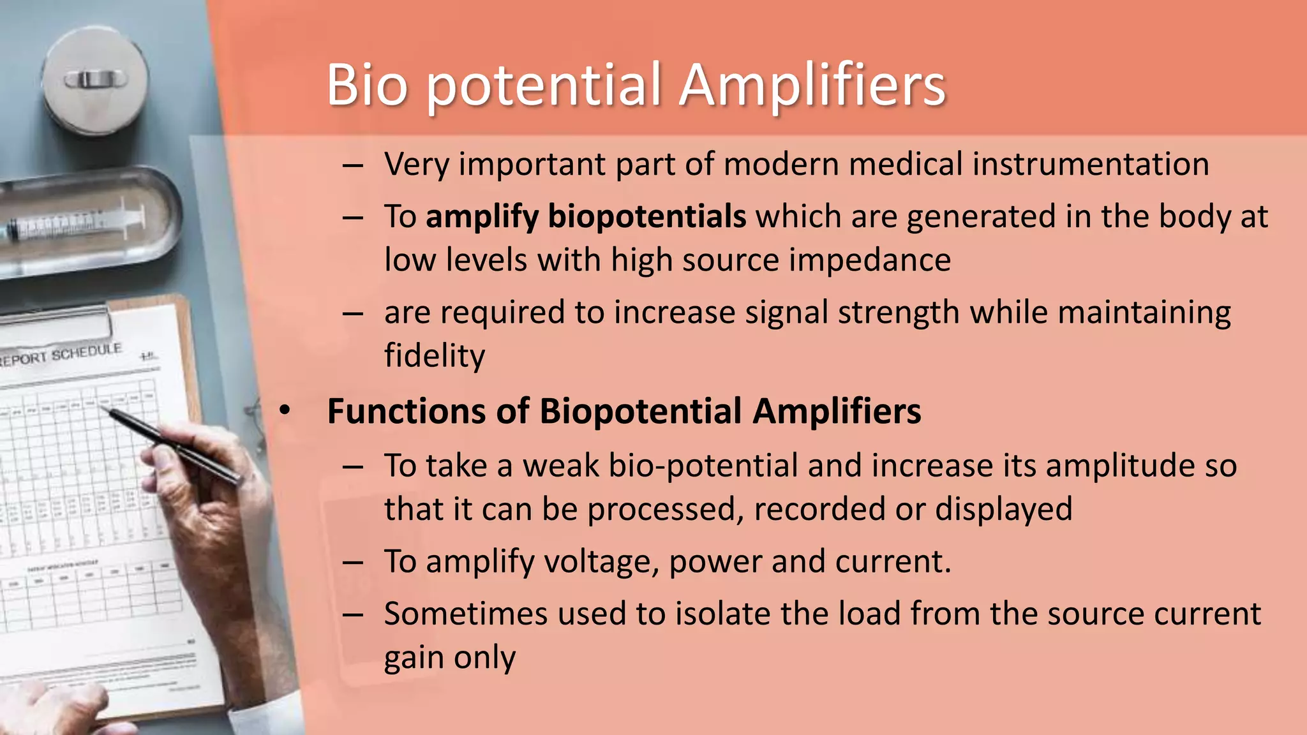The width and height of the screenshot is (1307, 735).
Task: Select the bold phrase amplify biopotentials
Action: point(585,216)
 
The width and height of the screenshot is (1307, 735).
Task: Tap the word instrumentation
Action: point(1091,164)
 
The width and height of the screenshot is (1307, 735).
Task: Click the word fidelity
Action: point(434,355)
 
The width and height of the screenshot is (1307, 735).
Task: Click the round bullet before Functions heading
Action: point(285,411)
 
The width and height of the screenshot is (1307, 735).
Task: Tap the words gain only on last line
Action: point(449,657)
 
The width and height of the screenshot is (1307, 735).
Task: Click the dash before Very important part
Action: point(352,165)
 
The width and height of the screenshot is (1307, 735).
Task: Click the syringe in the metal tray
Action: point(77,224)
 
